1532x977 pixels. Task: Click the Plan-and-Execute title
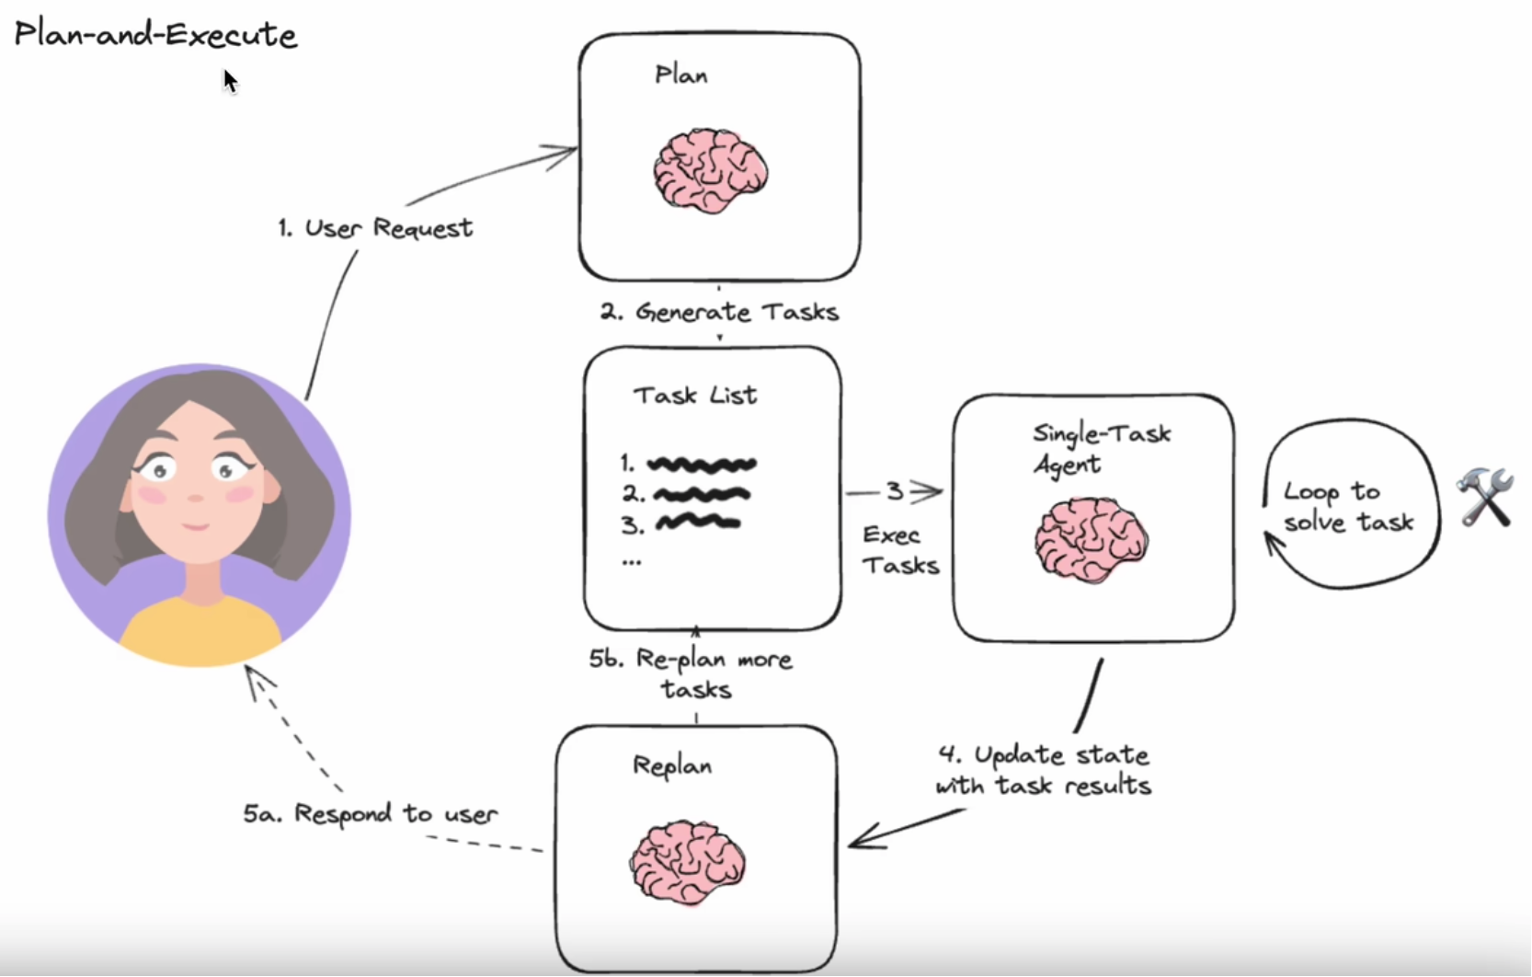155,35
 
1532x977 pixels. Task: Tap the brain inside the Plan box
710,170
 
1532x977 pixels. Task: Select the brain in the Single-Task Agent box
1091,540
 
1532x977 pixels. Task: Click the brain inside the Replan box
687,862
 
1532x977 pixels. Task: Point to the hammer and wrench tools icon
1484,497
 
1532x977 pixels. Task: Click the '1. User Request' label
375,228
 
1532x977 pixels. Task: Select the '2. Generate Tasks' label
720,313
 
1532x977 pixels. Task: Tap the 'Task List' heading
695,396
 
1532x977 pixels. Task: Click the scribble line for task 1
702,465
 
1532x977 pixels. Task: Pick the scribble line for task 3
698,523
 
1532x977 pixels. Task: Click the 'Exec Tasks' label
899,550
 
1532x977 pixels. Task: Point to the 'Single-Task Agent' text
1101,448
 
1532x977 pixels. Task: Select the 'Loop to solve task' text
1347,507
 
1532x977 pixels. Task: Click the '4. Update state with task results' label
1044,770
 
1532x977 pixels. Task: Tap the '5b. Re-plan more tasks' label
692,674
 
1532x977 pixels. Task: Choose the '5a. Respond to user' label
371,814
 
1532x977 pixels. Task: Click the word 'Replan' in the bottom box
672,765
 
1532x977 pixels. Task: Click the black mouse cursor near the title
230,81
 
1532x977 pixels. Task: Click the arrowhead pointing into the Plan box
563,154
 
